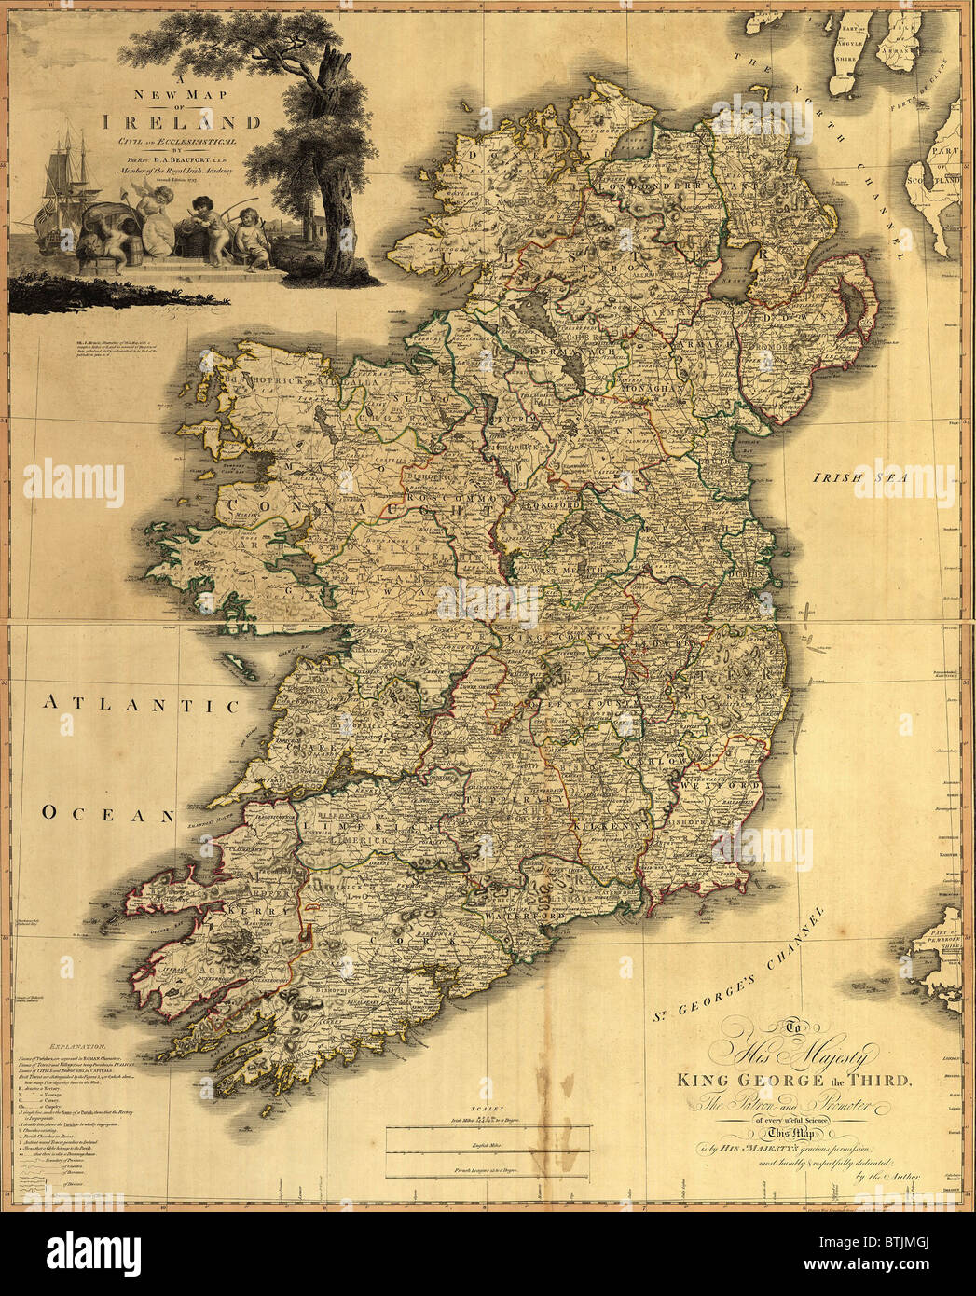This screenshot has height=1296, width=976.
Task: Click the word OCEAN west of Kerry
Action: click(x=106, y=815)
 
